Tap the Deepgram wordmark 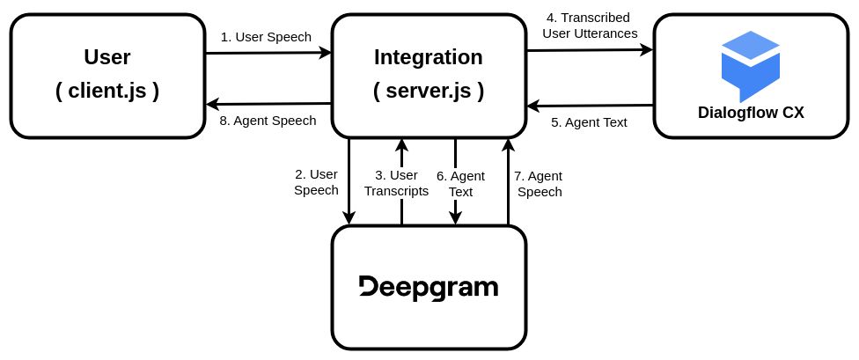[x=429, y=288]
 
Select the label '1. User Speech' [x=267, y=37]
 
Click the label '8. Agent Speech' [x=268, y=121]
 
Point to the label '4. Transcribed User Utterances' [x=590, y=26]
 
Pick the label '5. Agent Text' [x=589, y=122]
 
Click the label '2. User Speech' [x=316, y=182]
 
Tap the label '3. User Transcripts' [x=397, y=182]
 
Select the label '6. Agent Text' [x=454, y=183]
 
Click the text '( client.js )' [x=107, y=90]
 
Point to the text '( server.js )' [x=429, y=90]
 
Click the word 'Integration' [x=429, y=58]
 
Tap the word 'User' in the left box [x=107, y=58]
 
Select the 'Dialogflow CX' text [x=751, y=113]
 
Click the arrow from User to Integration [x=268, y=53]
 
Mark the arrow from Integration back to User [x=268, y=104]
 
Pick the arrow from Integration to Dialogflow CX [x=590, y=50]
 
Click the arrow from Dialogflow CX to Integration [x=590, y=106]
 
